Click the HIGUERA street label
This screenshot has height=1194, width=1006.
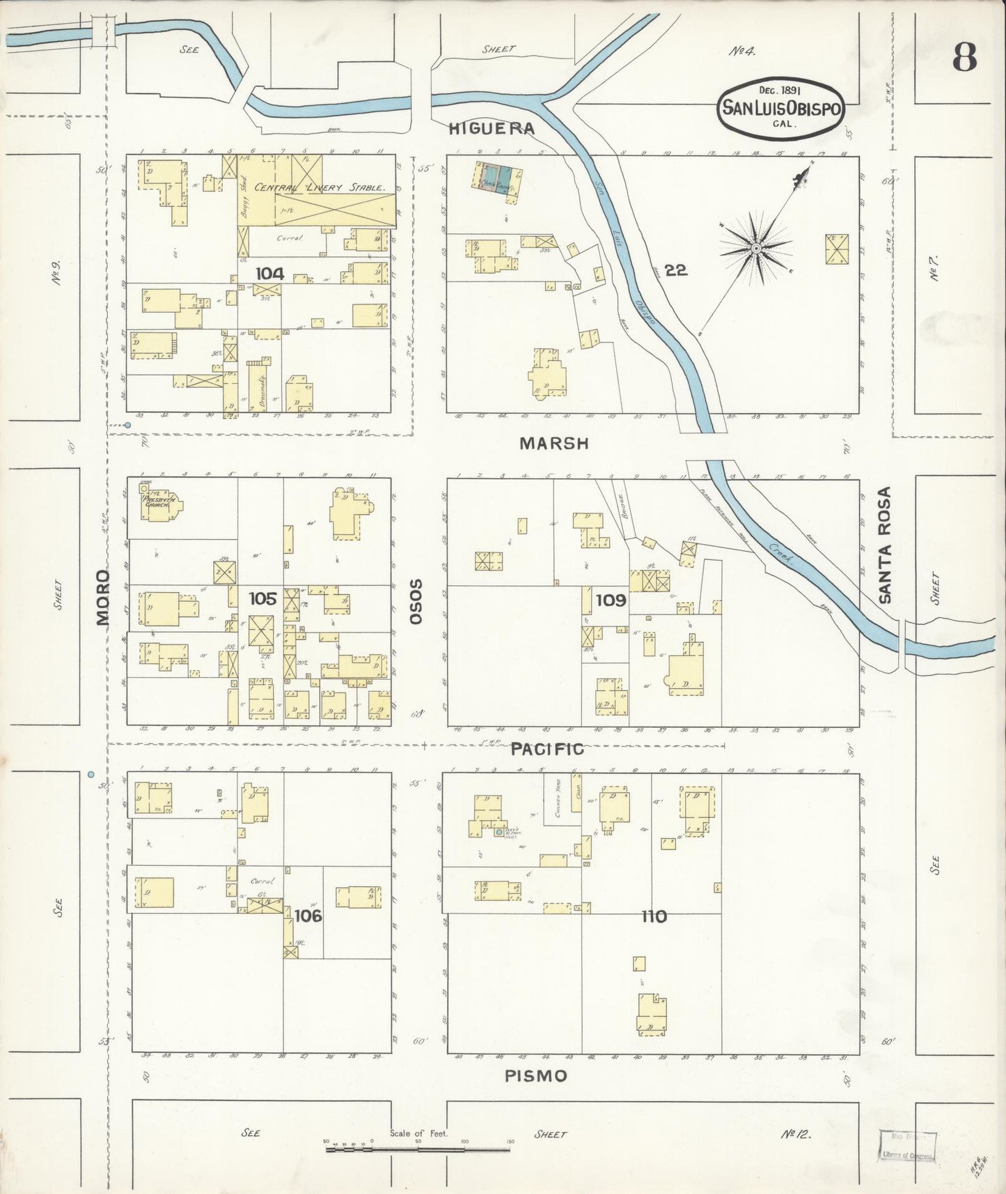(492, 128)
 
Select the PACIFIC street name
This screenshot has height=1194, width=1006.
(547, 749)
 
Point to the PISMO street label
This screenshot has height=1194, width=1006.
(535, 1076)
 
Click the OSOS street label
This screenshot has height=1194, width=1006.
(416, 600)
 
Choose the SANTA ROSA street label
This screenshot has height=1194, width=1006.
(885, 545)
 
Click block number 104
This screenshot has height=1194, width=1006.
(269, 273)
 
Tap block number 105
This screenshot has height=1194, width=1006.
(263, 598)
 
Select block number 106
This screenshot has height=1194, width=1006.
(308, 915)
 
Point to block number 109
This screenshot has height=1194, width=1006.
(611, 600)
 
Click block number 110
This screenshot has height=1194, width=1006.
(654, 917)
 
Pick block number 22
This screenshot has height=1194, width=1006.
(675, 270)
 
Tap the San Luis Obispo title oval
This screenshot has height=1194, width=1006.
(781, 109)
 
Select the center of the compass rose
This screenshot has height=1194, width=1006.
(755, 247)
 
